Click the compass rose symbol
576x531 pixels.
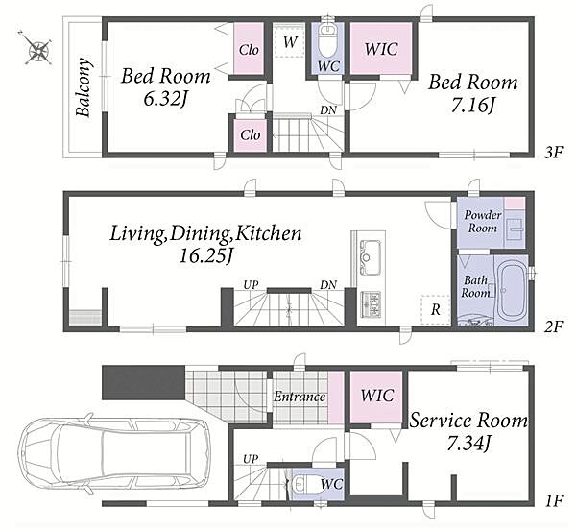[x=36, y=48]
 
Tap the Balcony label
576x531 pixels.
[x=84, y=87]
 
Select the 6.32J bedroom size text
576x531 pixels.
[x=166, y=98]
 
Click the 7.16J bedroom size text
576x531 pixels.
[x=473, y=105]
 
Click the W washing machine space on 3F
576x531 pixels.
[x=290, y=40]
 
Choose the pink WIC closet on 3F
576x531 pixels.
[x=380, y=49]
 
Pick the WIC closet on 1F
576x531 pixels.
[x=376, y=398]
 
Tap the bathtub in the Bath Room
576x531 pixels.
[x=511, y=290]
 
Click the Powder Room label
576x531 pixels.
[x=482, y=222]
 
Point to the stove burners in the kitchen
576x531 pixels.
[x=371, y=304]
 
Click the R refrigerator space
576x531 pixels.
[x=435, y=310]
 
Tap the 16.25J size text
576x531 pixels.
[x=206, y=255]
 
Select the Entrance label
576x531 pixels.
[x=300, y=397]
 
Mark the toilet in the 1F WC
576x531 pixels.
[x=300, y=484]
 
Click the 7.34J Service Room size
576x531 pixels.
[x=468, y=443]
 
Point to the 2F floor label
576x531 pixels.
[x=553, y=326]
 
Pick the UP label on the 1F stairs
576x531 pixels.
[x=251, y=459]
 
